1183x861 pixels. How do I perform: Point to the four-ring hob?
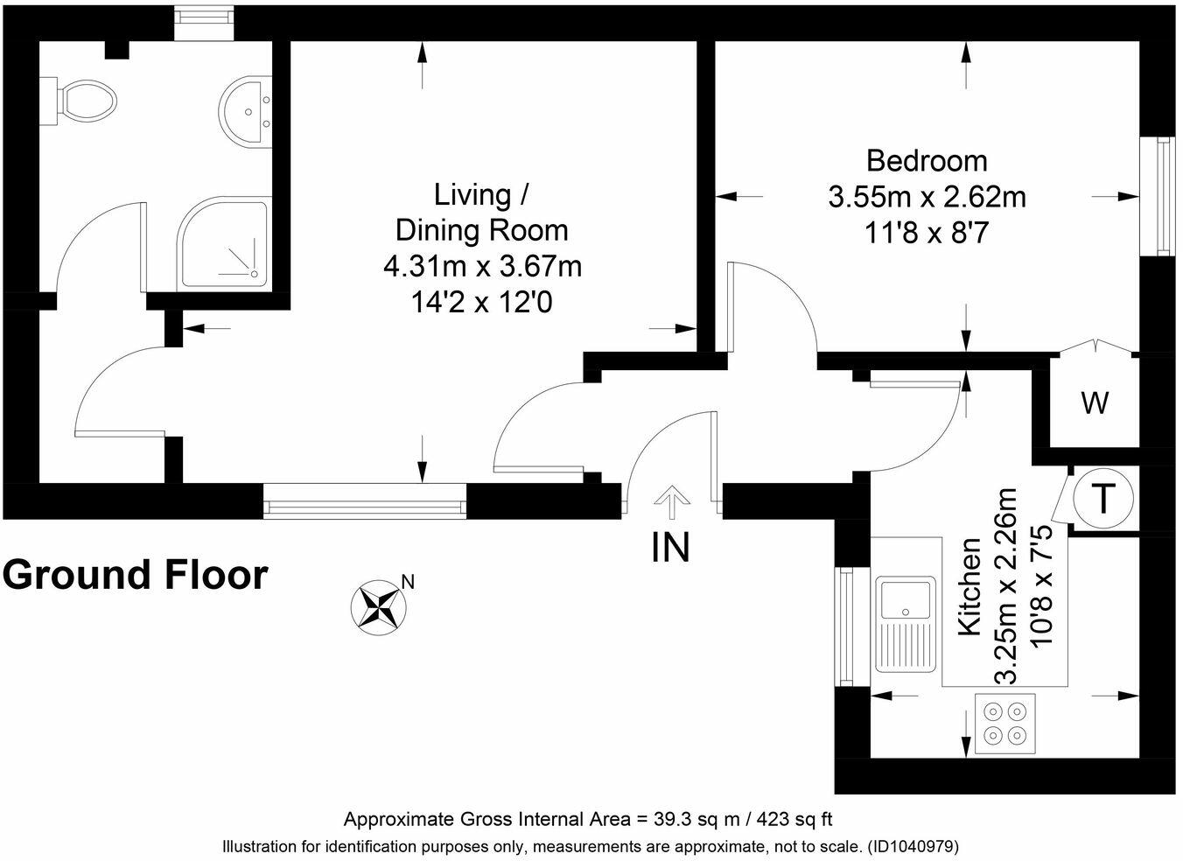point(1004,724)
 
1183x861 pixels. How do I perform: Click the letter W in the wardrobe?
point(1095,403)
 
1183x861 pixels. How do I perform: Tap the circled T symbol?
point(1103,498)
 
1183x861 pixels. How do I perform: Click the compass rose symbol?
point(379,608)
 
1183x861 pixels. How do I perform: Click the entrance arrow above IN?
point(672,501)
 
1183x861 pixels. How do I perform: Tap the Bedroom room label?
point(927,161)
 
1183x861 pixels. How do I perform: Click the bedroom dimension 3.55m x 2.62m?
point(927,197)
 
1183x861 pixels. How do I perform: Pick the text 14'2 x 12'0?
point(481,303)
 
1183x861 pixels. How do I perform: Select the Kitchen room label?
point(969,587)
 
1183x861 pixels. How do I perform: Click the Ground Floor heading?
point(136,574)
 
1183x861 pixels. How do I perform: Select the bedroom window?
point(1158,197)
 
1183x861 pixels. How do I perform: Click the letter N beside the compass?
point(409,582)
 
